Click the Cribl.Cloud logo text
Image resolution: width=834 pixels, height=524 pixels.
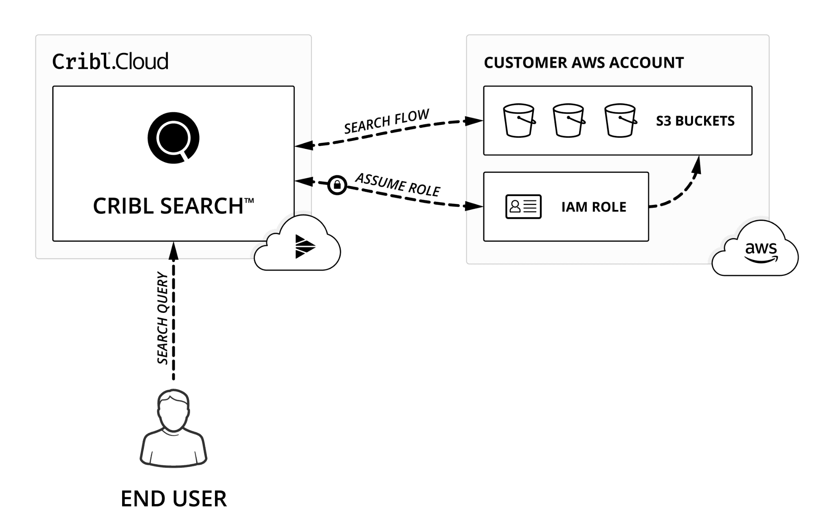110,61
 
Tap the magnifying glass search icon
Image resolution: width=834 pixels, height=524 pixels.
173,138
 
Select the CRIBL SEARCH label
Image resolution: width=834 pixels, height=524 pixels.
173,206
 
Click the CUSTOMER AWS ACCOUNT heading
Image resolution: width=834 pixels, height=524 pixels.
584,63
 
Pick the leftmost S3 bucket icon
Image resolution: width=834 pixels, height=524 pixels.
519,120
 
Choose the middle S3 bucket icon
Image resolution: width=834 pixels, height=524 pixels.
568,120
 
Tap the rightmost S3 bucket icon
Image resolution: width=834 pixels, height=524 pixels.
620,120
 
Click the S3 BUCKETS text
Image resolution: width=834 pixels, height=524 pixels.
695,121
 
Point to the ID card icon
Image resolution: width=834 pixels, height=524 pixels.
523,207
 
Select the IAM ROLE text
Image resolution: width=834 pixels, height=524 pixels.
594,207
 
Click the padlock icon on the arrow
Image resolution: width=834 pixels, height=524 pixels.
337,185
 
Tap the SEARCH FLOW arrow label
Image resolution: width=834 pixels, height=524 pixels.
386,121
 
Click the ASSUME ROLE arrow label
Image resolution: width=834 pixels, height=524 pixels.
398,185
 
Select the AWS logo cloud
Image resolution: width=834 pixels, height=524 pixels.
756,250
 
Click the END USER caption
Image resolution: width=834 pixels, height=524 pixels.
173,499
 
